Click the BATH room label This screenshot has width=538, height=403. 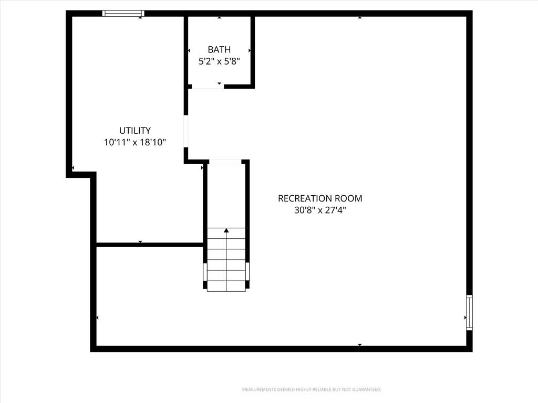pyautogui.click(x=219, y=50)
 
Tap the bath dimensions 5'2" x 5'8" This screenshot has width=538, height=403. pyautogui.click(x=219, y=62)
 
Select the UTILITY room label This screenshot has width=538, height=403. pyautogui.click(x=135, y=131)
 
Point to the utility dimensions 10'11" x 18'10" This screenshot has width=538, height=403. pyautogui.click(x=135, y=142)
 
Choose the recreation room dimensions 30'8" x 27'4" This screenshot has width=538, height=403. pyautogui.click(x=320, y=210)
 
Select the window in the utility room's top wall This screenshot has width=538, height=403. pyautogui.click(x=123, y=13)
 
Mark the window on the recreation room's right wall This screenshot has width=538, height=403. pyautogui.click(x=469, y=312)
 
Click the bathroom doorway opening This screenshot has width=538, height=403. pyautogui.click(x=208, y=87)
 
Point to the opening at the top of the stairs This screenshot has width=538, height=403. pyautogui.click(x=225, y=162)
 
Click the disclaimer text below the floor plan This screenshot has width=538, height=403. pyautogui.click(x=312, y=390)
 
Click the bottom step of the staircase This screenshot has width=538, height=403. pyautogui.click(x=226, y=286)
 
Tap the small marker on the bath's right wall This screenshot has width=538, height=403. pyautogui.click(x=250, y=50)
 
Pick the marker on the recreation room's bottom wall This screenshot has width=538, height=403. pyautogui.click(x=359, y=345)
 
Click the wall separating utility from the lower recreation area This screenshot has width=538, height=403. pyautogui.click(x=150, y=245)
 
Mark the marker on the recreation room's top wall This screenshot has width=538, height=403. pyautogui.click(x=359, y=17)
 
